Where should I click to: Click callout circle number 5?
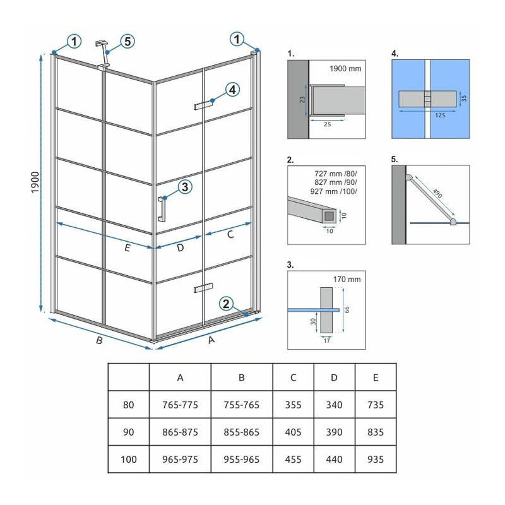click(x=128, y=42)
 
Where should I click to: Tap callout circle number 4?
click(x=232, y=90)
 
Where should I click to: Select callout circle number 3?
click(x=185, y=187)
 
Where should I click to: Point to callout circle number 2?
click(x=226, y=304)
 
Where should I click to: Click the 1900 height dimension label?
click(x=35, y=182)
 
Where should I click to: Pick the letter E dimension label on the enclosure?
click(x=128, y=247)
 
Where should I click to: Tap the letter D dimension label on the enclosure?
click(x=180, y=247)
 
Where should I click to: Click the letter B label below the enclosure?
click(x=100, y=340)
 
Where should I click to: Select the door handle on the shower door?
click(x=162, y=209)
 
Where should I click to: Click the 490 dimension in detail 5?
click(x=437, y=194)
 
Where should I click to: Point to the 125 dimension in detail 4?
click(x=440, y=115)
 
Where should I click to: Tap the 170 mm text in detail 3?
click(x=347, y=279)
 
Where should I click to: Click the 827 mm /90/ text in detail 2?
click(x=336, y=182)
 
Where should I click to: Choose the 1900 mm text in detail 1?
click(x=345, y=69)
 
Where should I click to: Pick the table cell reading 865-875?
click(x=180, y=432)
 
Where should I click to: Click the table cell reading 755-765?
click(x=242, y=405)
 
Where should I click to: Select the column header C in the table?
click(x=293, y=377)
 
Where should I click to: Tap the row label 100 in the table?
click(x=129, y=460)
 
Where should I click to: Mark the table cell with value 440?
click(x=335, y=460)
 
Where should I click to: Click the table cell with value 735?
click(x=376, y=405)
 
